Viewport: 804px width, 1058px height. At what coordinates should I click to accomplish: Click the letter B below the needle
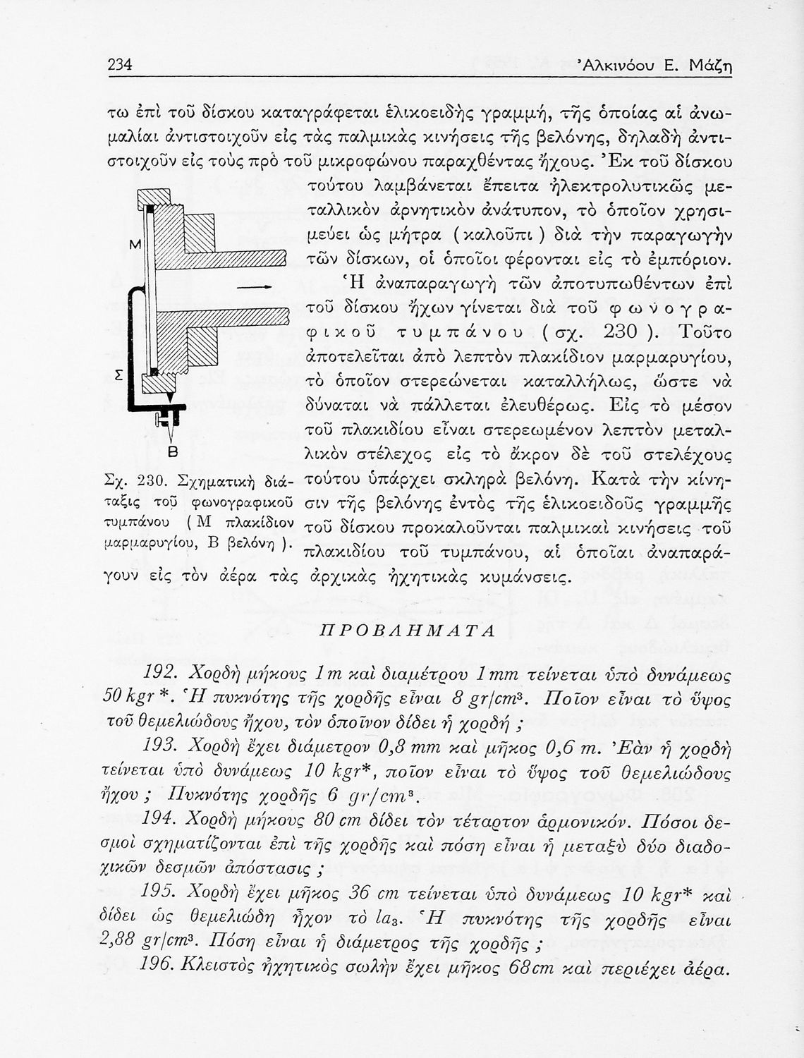coord(171,451)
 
